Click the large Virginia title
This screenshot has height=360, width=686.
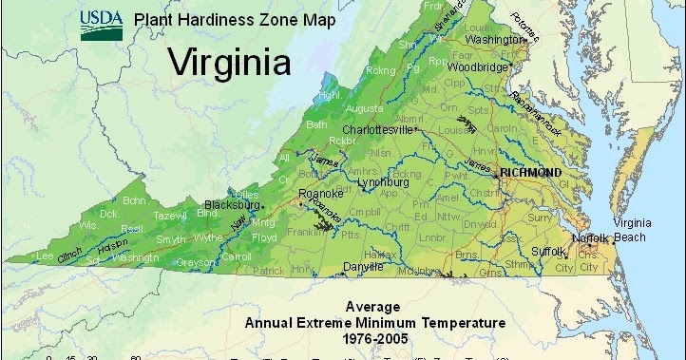pyautogui.click(x=228, y=63)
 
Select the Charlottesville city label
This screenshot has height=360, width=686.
pyautogui.click(x=377, y=129)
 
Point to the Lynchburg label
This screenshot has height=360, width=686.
pyautogui.click(x=381, y=181)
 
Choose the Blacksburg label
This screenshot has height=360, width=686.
pyautogui.click(x=234, y=204)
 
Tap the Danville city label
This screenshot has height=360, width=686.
pyautogui.click(x=364, y=267)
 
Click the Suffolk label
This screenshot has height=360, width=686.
pyautogui.click(x=547, y=251)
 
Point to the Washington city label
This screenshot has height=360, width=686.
pyautogui.click(x=490, y=41)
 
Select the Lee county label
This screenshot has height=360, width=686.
pyautogui.click(x=44, y=256)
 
